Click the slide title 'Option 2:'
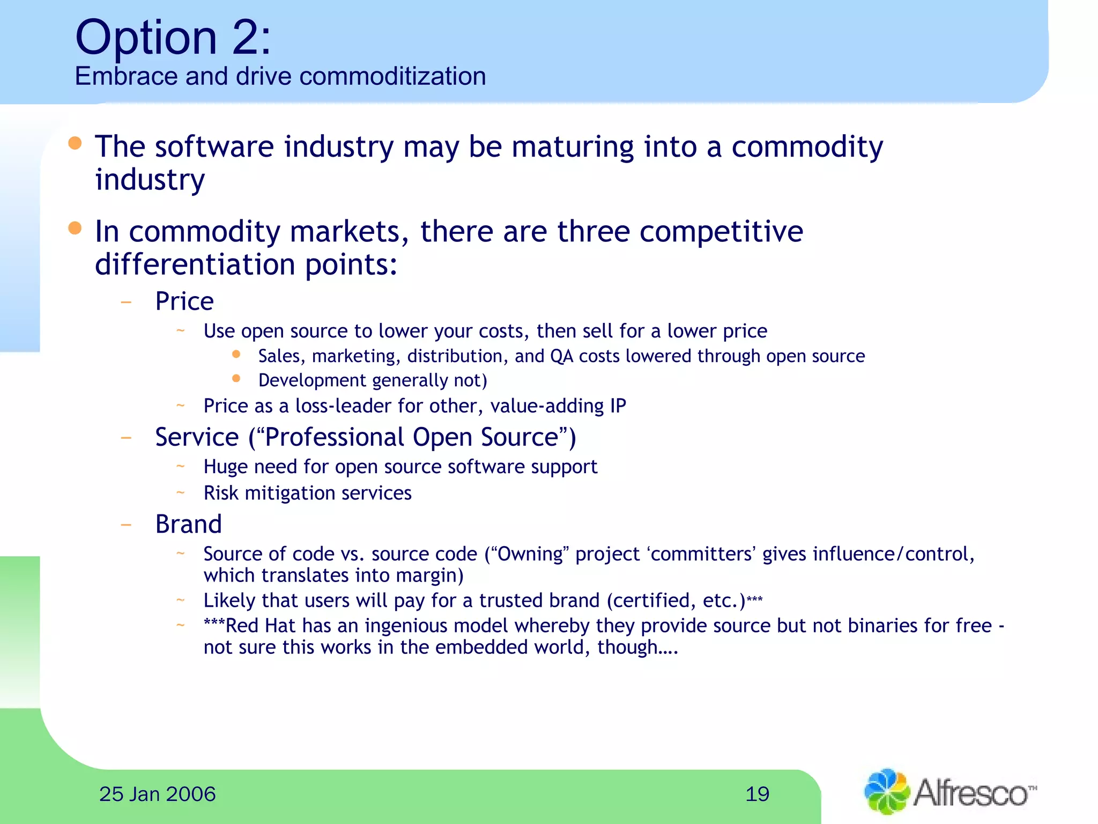click(173, 38)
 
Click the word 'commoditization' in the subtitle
click(392, 76)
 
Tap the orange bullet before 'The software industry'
click(75, 143)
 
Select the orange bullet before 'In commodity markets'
click(75, 229)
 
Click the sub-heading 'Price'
click(184, 301)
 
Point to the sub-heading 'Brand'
click(188, 524)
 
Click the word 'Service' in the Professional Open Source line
click(197, 437)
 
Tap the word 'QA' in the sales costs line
click(562, 356)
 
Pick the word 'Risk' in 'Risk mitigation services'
click(220, 493)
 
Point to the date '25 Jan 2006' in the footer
click(157, 794)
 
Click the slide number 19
click(757, 794)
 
